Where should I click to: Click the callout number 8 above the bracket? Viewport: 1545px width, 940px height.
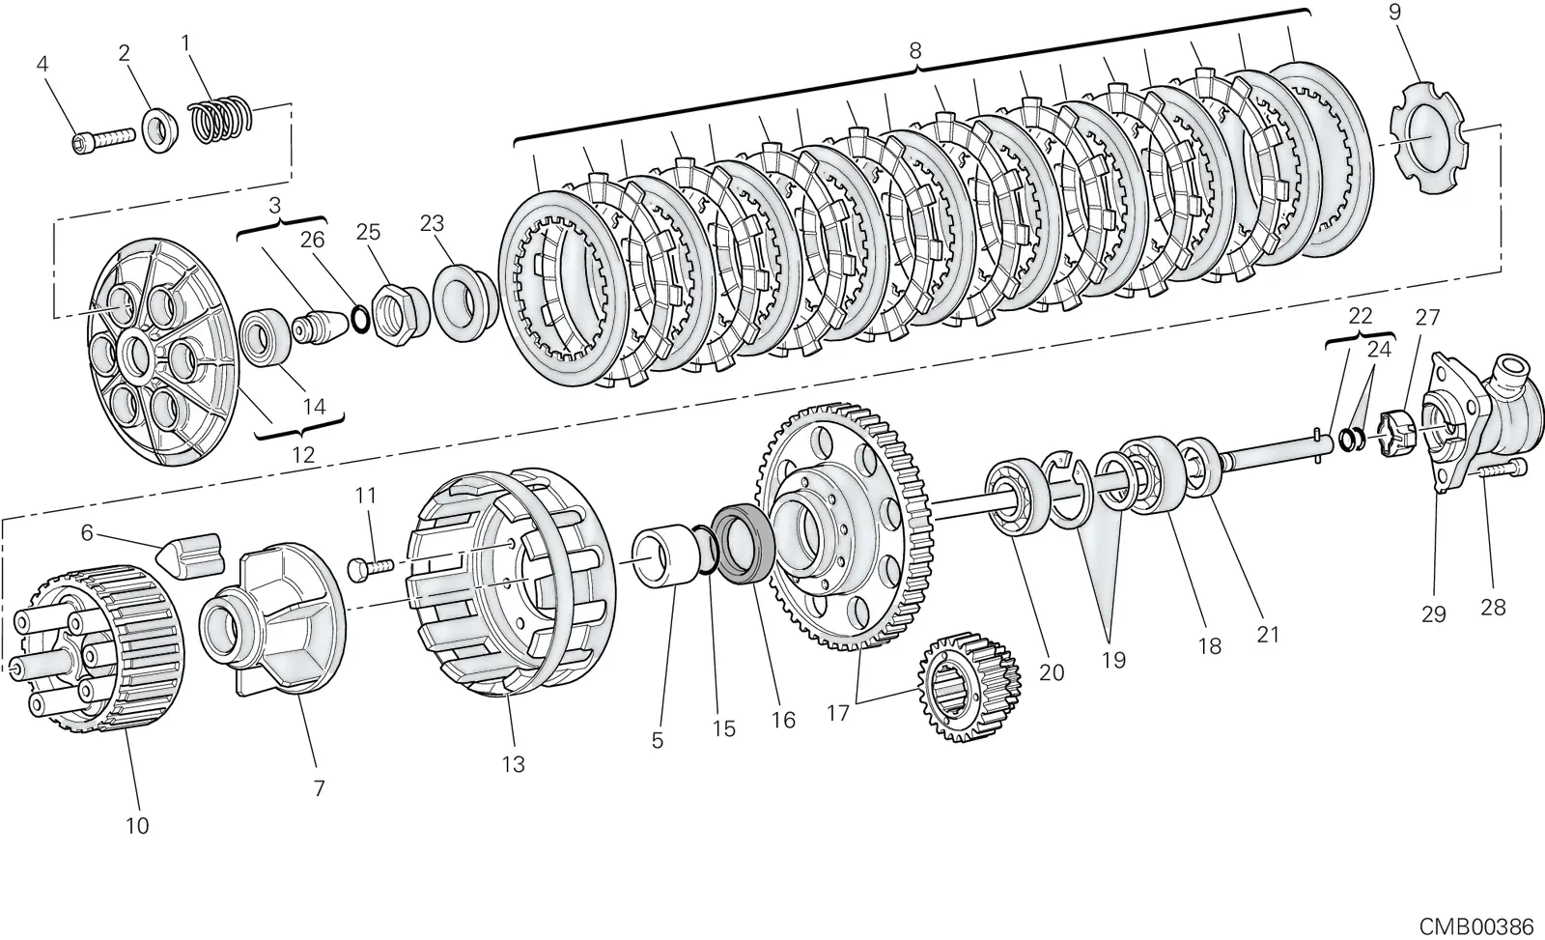point(914,51)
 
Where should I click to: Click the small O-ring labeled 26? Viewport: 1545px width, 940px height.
point(360,319)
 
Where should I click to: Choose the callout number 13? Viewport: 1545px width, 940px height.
point(514,764)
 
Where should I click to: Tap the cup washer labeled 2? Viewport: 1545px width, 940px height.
point(160,129)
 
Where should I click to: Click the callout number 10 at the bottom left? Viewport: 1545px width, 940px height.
point(137,825)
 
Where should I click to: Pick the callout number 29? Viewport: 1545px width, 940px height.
point(1434,613)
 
